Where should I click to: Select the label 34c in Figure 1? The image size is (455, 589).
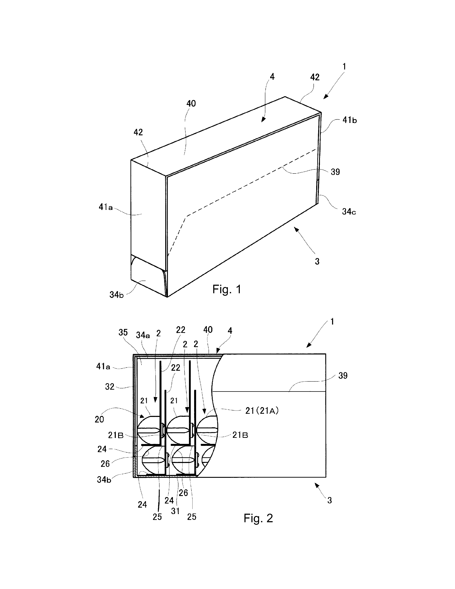click(x=349, y=212)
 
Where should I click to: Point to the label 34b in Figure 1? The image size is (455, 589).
click(x=117, y=295)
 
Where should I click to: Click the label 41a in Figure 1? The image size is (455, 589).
click(x=106, y=207)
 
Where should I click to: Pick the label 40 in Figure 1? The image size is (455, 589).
click(x=191, y=103)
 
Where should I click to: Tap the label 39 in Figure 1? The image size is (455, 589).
click(x=335, y=172)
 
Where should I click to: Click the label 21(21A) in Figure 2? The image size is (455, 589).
click(x=262, y=411)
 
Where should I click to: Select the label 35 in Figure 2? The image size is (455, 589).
click(x=123, y=332)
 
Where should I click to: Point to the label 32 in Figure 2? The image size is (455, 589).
click(x=110, y=387)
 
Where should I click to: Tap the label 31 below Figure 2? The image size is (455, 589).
click(x=175, y=511)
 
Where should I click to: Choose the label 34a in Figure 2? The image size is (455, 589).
click(x=143, y=335)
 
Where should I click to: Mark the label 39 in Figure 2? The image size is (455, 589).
click(x=343, y=376)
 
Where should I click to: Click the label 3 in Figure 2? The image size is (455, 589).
click(x=329, y=500)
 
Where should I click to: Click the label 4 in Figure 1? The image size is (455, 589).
click(x=272, y=77)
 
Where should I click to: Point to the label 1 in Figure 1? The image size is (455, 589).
click(x=344, y=66)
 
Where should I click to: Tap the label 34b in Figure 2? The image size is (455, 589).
click(x=104, y=480)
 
